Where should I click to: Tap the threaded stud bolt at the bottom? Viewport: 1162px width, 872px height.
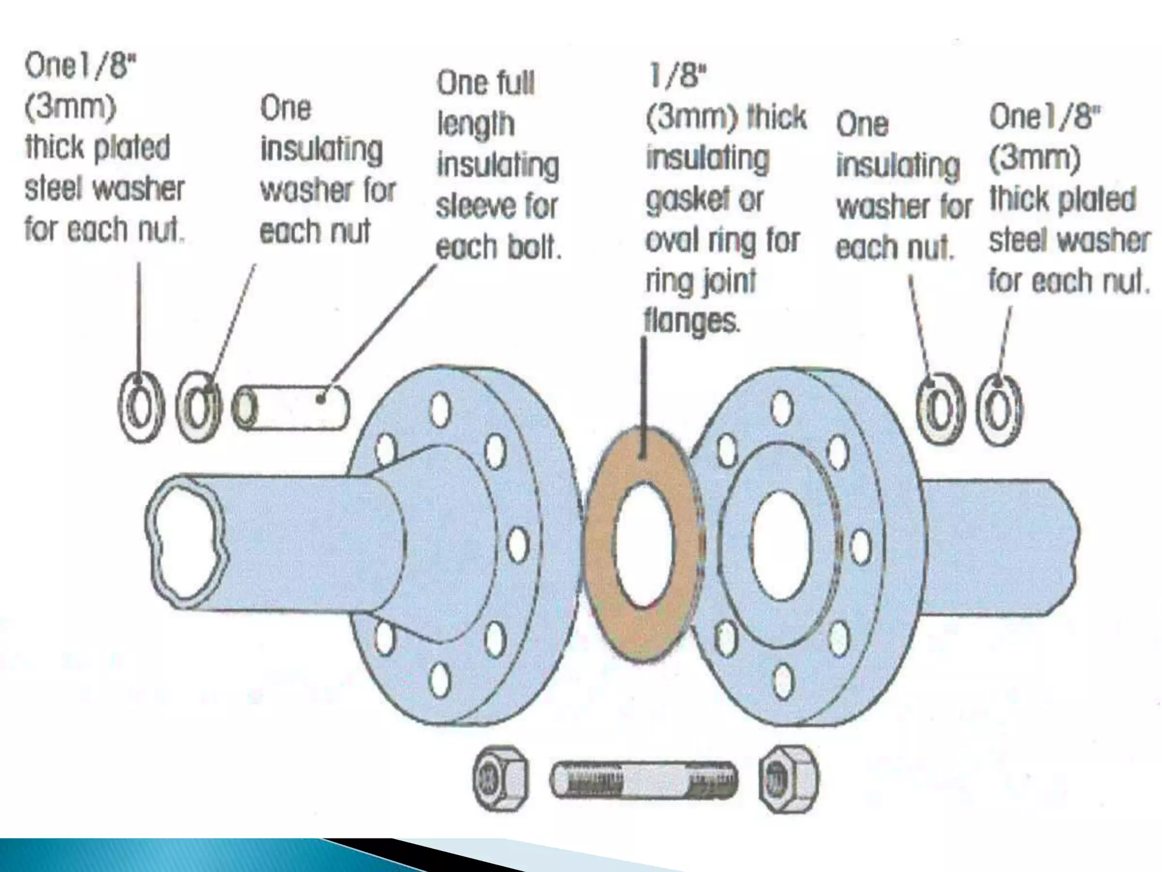[x=644, y=779]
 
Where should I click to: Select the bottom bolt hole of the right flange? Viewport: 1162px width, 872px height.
[x=783, y=679]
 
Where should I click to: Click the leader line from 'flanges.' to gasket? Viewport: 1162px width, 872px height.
[x=644, y=397]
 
